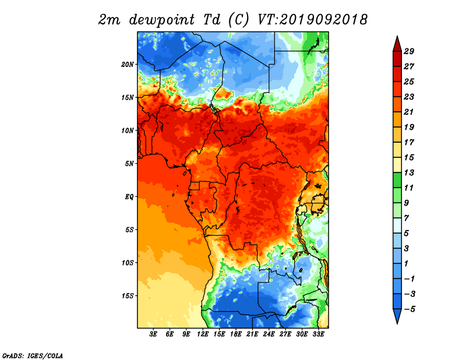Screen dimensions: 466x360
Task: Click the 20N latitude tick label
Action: point(128,65)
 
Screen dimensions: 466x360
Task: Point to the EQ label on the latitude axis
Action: point(129,197)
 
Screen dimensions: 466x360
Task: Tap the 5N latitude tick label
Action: point(129,164)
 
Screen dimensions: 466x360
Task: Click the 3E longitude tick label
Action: point(153,334)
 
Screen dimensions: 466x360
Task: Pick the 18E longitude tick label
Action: point(236,334)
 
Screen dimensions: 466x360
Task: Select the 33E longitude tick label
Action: point(318,334)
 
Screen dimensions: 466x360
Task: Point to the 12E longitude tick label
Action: point(203,334)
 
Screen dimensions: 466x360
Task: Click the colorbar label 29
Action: point(409,51)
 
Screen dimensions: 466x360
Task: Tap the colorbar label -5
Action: point(409,309)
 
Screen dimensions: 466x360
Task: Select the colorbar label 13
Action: point(409,172)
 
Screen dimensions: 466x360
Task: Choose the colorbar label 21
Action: point(409,112)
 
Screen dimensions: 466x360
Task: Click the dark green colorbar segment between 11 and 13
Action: point(397,180)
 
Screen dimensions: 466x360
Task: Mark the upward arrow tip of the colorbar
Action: point(397,36)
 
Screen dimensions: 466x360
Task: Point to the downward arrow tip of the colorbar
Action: point(397,324)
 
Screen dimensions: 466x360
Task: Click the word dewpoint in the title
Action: point(162,20)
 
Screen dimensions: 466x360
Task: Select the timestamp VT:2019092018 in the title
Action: point(313,20)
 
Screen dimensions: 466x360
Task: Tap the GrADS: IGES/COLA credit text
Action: point(33,355)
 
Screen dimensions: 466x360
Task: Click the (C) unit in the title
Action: point(239,20)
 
